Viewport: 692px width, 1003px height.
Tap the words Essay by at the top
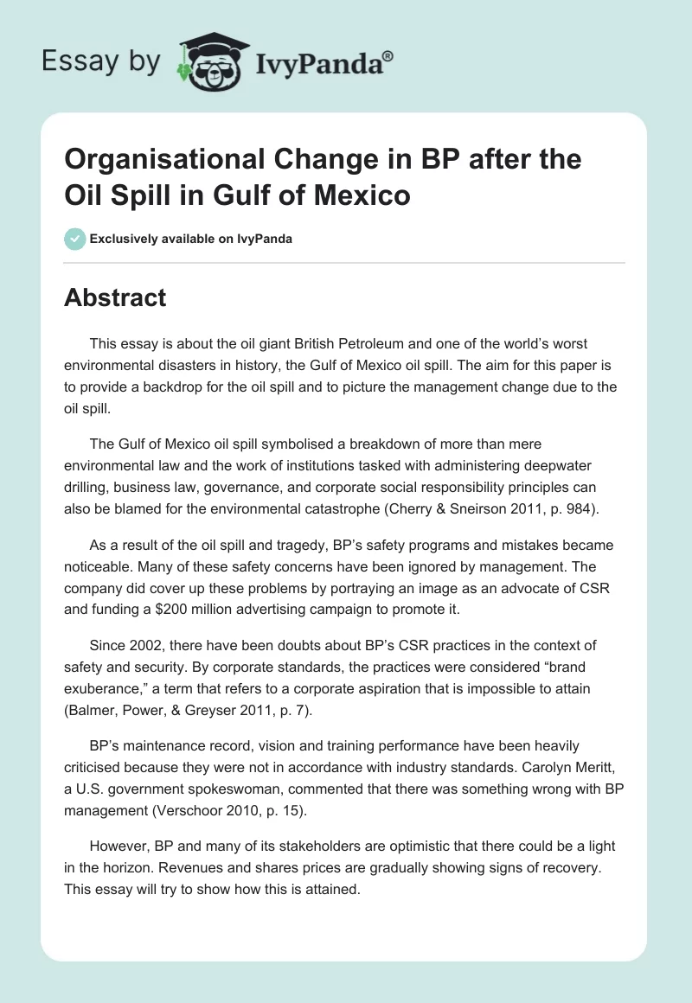100,61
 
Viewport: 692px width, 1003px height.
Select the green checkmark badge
74,239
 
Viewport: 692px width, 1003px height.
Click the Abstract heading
115,297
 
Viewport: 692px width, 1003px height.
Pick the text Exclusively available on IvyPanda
190,239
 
